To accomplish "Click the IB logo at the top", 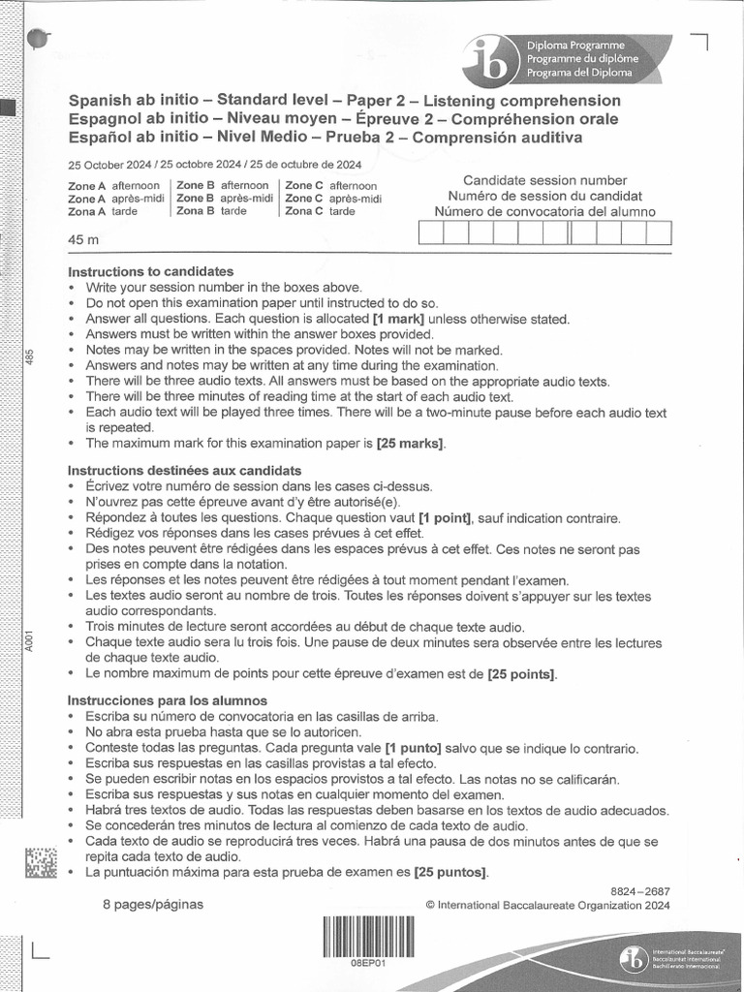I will coord(490,61).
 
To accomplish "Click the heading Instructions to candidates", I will coord(150,271).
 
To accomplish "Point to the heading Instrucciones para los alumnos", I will coord(167,700).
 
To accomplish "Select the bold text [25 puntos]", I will coord(450,873).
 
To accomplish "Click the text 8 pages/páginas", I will coord(153,905).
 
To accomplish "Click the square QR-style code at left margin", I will coord(41,864).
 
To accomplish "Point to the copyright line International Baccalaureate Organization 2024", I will coord(547,906).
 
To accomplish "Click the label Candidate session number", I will coord(544,180).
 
